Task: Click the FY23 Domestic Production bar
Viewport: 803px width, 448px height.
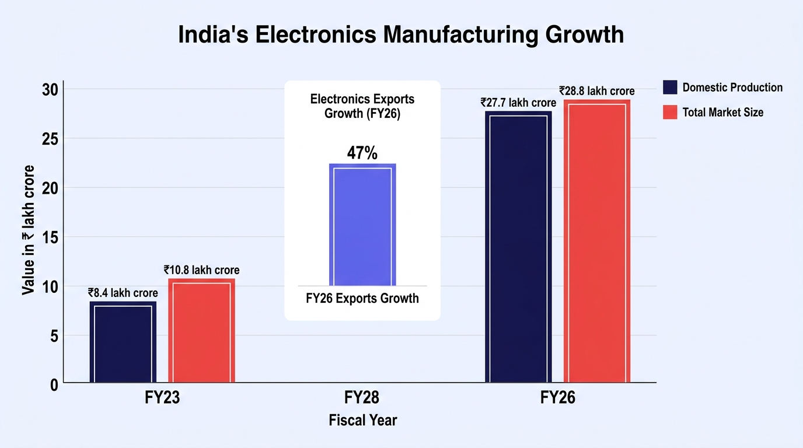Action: [x=123, y=342]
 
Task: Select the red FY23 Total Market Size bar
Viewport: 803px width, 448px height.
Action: [x=201, y=330]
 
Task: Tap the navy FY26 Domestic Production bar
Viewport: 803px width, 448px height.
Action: [x=518, y=247]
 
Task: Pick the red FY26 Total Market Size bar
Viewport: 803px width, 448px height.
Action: [x=597, y=241]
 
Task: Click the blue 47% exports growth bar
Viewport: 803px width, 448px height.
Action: [x=362, y=225]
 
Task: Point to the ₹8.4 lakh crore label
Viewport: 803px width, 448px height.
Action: [x=123, y=293]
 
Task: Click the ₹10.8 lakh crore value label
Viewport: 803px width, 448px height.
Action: [x=201, y=270]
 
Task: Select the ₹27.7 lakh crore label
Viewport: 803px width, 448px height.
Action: [x=518, y=103]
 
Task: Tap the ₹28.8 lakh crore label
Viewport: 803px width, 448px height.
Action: [x=597, y=91]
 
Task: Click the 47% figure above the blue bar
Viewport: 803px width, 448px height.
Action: [x=362, y=153]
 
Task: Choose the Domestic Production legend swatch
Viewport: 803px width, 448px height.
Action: [x=670, y=87]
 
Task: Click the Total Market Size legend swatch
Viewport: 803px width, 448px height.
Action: [x=670, y=112]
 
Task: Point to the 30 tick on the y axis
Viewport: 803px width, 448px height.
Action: [x=50, y=90]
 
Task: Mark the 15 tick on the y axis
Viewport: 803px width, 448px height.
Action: [x=50, y=237]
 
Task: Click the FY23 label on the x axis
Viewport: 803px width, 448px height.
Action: [x=162, y=397]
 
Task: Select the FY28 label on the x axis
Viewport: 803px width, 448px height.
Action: [x=362, y=397]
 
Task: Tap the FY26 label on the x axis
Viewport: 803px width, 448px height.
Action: [x=558, y=397]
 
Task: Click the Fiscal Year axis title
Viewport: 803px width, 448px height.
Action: [x=363, y=421]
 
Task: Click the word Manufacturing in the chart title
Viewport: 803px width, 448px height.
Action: [x=460, y=34]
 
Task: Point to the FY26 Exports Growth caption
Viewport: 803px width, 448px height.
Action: [x=362, y=298]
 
